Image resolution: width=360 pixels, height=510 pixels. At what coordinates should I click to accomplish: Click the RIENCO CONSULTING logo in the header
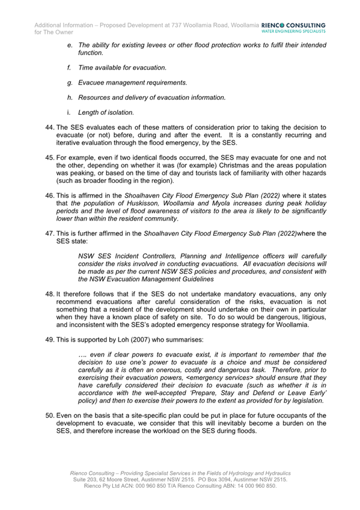tap(294, 25)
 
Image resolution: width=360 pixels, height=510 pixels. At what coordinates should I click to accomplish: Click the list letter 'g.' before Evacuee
tap(72, 82)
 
